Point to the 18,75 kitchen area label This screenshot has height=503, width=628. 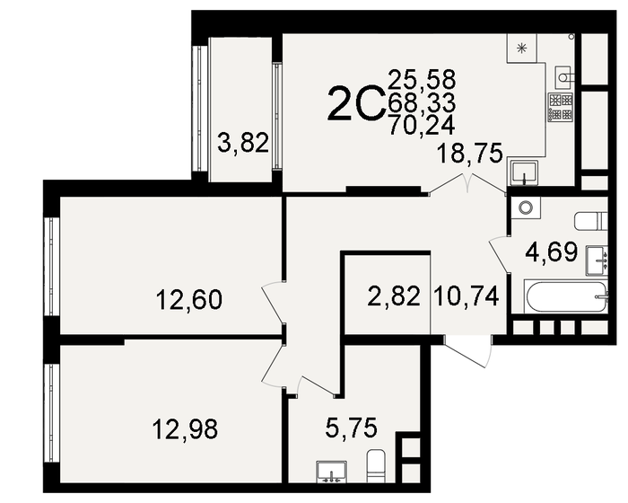[x=469, y=153]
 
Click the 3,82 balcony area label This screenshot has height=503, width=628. [x=244, y=143]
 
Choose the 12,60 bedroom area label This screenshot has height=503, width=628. [x=188, y=298]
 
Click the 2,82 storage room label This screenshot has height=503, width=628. [x=395, y=295]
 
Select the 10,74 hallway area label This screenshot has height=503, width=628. [x=466, y=295]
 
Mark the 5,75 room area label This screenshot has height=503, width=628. [x=351, y=428]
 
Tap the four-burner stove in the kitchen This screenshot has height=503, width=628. [x=560, y=107]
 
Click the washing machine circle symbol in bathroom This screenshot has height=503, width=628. [x=526, y=207]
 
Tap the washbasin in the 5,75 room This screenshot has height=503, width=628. [x=331, y=472]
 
